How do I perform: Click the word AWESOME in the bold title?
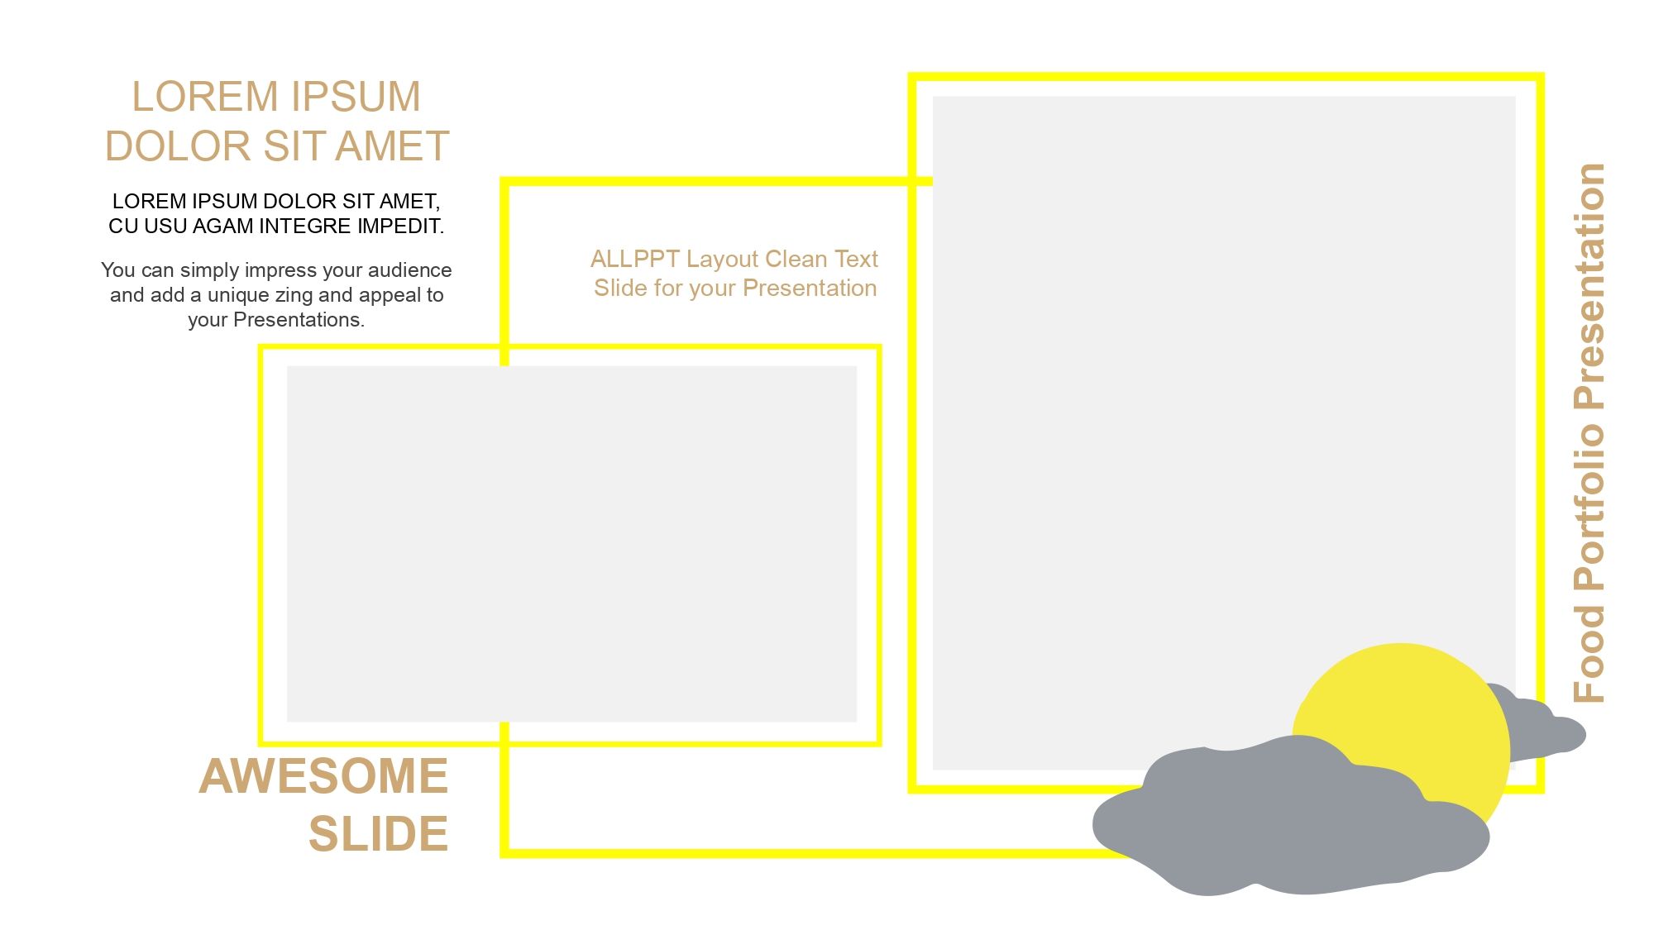[x=323, y=776]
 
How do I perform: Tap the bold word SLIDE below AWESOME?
[x=379, y=833]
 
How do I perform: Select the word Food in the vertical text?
[x=1589, y=654]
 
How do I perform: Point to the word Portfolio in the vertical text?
[x=1589, y=508]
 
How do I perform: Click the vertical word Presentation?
[x=1589, y=286]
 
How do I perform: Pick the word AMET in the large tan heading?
[x=393, y=146]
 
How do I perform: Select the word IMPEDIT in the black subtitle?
[x=401, y=227]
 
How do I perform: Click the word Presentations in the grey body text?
[x=299, y=320]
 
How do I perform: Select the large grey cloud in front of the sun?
[x=1290, y=818]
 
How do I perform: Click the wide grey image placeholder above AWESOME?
[x=571, y=544]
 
